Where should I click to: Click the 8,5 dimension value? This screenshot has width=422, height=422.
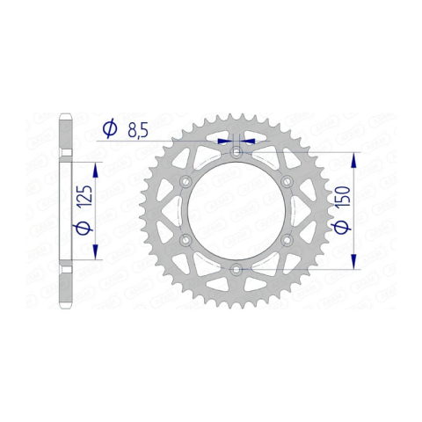point(138,130)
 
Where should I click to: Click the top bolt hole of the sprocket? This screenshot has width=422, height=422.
point(236,152)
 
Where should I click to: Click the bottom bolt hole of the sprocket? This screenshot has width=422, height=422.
point(236,269)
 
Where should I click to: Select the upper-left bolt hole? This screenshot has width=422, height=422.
point(186,181)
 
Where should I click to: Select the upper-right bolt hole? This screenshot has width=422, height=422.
point(287,181)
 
